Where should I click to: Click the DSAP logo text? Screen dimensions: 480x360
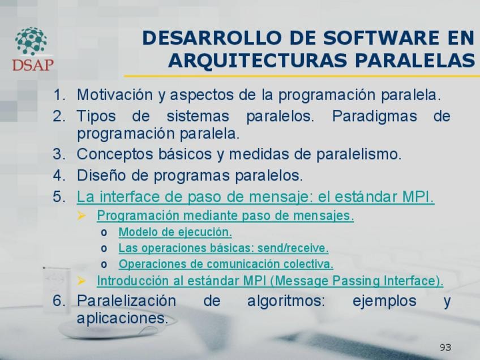click(x=33, y=65)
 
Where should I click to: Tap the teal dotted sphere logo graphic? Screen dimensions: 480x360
click(x=31, y=41)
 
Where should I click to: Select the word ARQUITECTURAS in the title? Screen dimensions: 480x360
click(x=258, y=60)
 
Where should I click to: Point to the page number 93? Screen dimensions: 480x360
click(x=445, y=348)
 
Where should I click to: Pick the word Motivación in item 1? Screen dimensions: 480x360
click(x=115, y=95)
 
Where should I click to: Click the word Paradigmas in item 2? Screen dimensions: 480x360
click(x=374, y=116)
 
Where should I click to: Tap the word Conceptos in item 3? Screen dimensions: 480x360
click(x=115, y=154)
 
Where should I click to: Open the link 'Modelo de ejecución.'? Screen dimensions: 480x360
click(x=175, y=232)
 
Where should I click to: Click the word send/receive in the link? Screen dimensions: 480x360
click(x=293, y=248)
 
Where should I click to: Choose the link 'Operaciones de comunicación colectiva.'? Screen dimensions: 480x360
click(x=226, y=264)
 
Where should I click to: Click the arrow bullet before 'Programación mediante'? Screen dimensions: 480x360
click(x=82, y=216)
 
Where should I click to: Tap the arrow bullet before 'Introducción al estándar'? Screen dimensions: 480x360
click(x=82, y=281)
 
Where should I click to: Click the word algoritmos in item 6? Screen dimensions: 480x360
click(x=286, y=301)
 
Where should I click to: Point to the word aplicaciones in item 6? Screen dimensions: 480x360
click(x=122, y=318)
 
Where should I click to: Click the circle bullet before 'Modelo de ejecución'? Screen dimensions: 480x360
click(x=104, y=233)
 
